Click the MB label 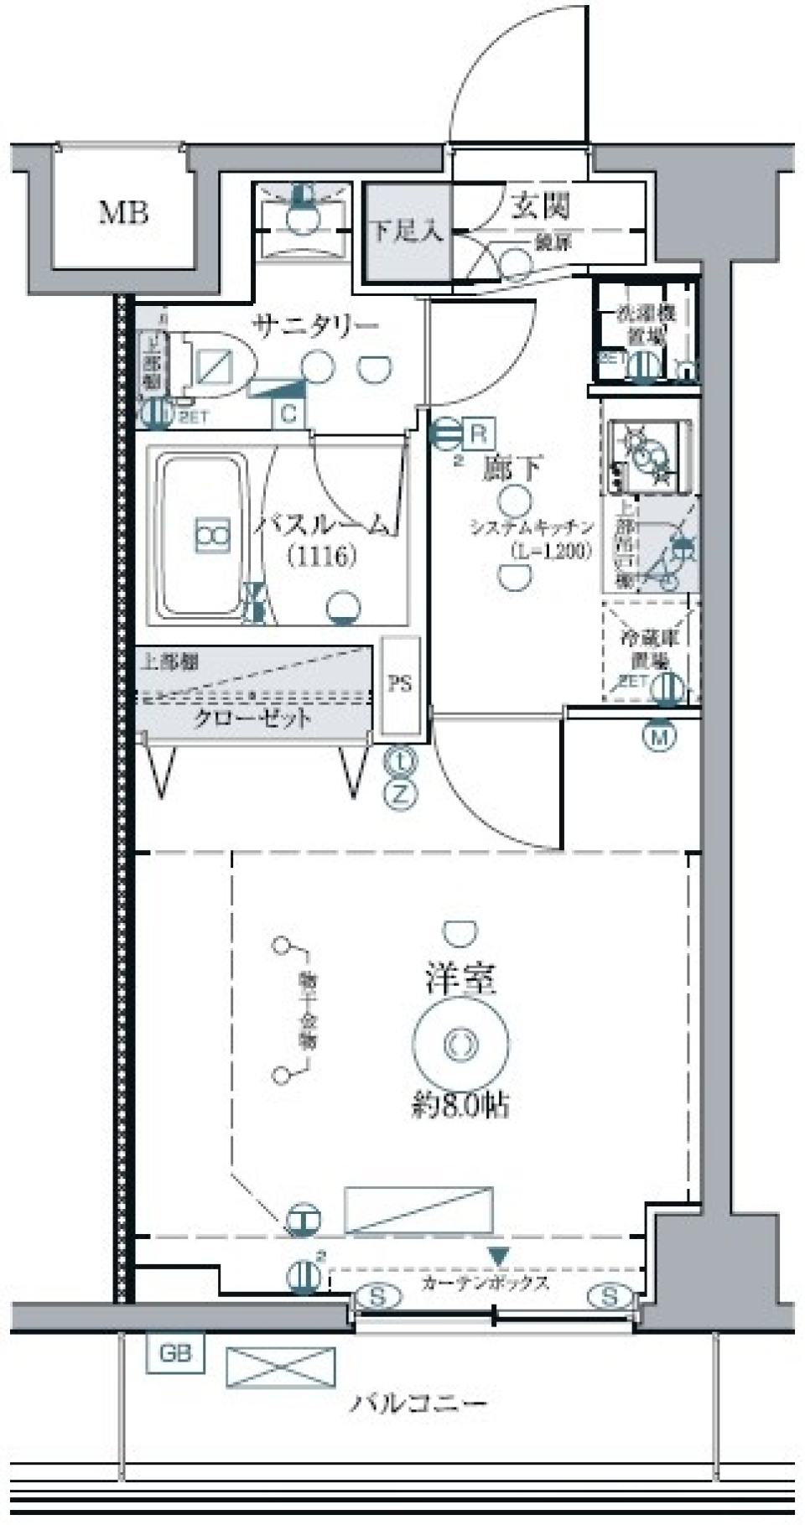pos(123,213)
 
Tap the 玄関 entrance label pos(541,205)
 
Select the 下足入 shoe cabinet pos(407,231)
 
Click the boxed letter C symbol pos(289,413)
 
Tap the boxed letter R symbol pos(478,433)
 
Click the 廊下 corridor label pos(512,468)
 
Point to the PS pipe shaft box pos(400,684)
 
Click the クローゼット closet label pos(252,718)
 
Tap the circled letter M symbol pos(660,737)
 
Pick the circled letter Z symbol pos(401,793)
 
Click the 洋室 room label pos(460,978)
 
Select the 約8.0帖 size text pos(460,1106)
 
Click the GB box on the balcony pos(175,1352)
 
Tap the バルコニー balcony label pos(418,1403)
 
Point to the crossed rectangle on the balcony pos(280,1367)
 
